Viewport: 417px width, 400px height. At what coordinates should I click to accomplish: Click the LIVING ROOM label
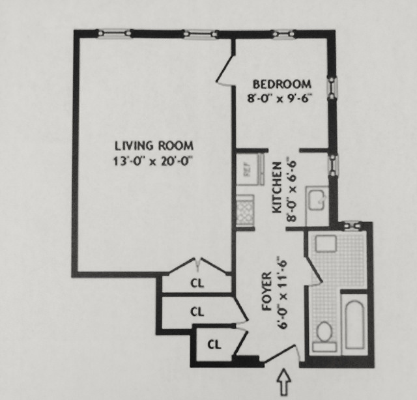(154, 146)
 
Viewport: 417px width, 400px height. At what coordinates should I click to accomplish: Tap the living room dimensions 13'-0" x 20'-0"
(152, 161)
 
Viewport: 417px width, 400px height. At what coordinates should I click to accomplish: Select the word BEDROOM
(281, 84)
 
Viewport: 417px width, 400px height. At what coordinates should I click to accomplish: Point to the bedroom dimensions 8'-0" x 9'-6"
(280, 98)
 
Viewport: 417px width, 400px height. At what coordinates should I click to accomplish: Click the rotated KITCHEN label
(277, 188)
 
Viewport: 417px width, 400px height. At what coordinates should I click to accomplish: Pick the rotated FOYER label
(266, 291)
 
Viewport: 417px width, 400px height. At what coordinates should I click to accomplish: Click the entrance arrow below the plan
(284, 381)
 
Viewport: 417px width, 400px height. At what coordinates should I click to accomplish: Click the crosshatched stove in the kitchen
(245, 210)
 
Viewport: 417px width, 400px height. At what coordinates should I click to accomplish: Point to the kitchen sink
(317, 200)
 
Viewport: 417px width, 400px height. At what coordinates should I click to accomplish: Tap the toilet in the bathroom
(324, 337)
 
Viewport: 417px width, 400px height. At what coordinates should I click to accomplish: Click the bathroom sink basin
(326, 244)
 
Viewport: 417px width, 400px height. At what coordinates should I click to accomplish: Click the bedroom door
(226, 70)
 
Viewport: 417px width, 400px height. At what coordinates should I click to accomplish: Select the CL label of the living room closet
(197, 283)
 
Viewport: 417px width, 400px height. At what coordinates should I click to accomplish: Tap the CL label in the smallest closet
(214, 345)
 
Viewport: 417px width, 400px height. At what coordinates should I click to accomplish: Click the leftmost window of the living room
(114, 33)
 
